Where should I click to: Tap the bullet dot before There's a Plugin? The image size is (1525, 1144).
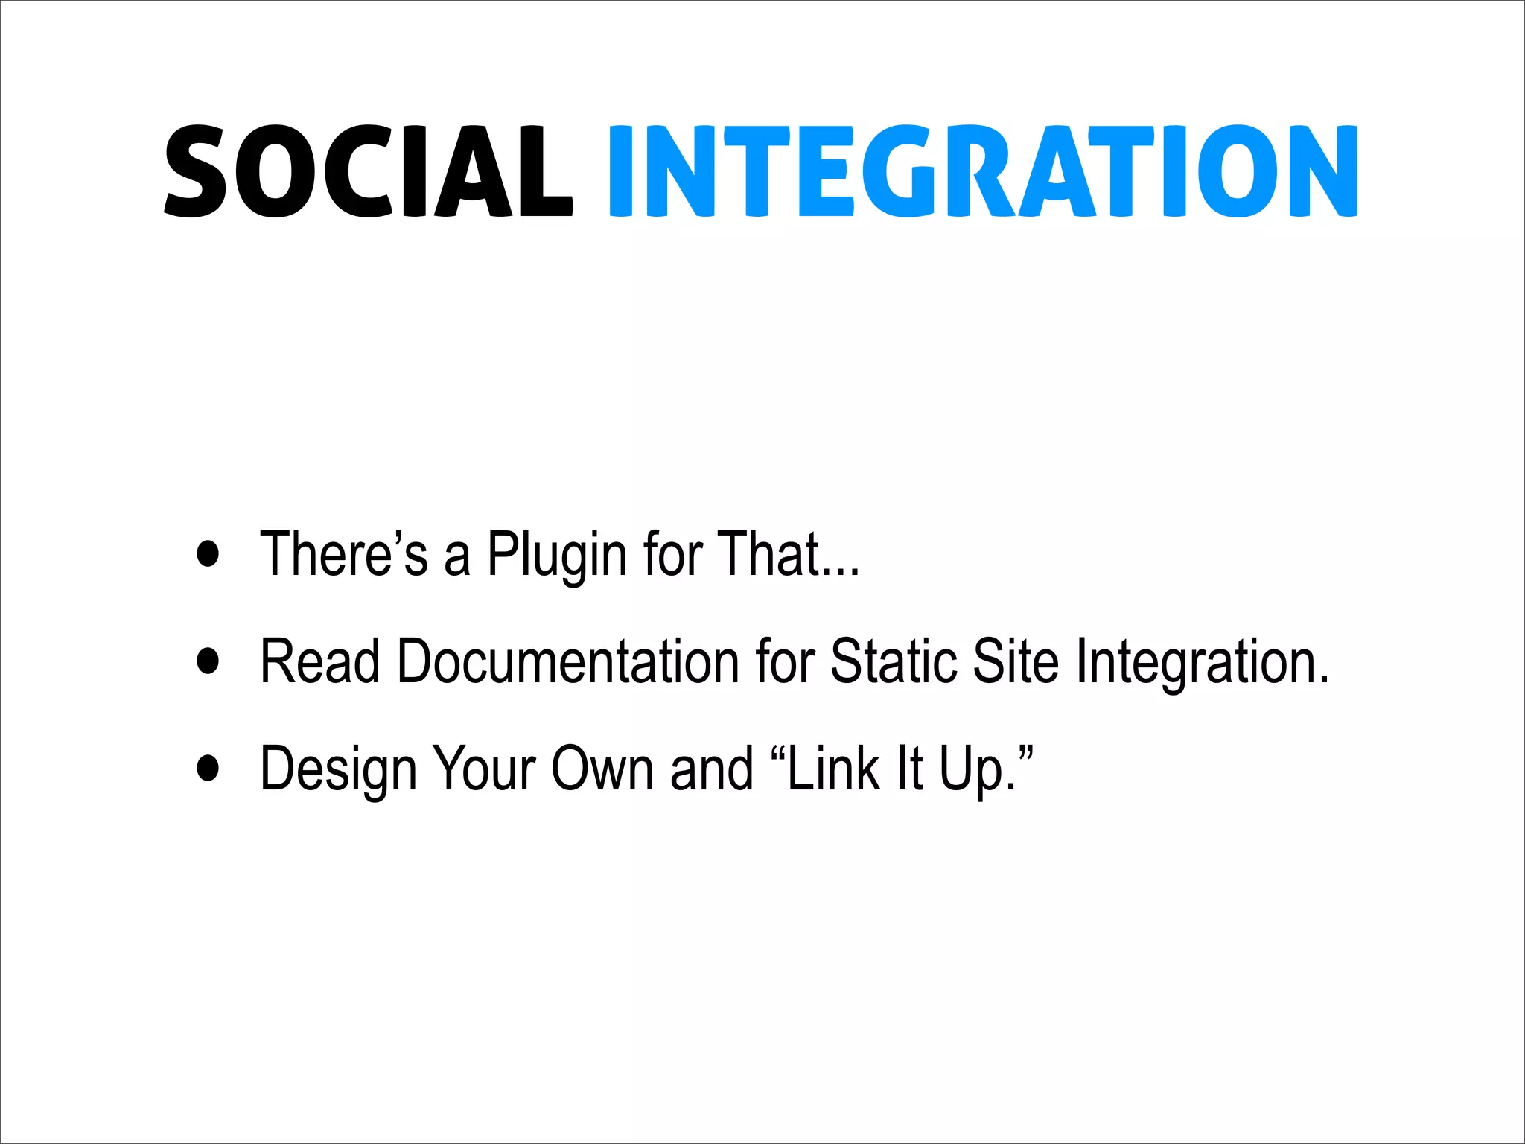(208, 553)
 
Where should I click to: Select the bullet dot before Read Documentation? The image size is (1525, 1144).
(208, 661)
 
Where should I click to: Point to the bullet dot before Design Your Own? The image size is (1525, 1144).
(208, 768)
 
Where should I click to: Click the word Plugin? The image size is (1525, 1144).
(557, 555)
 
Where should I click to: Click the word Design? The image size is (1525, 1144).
(337, 769)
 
